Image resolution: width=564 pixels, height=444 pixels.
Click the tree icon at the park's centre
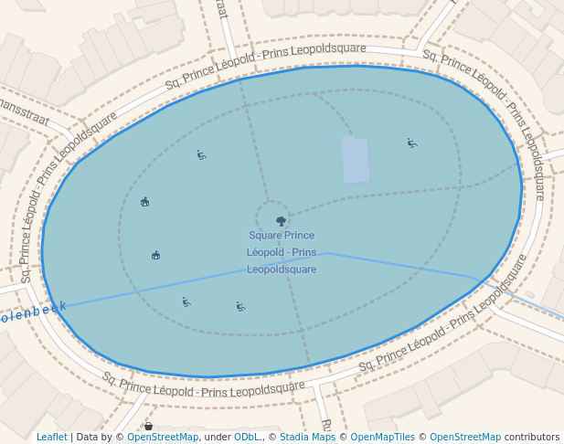pos(281,221)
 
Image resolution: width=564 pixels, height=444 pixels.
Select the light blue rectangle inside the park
pos(356,160)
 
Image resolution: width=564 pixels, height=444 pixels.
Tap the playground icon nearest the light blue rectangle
pos(412,143)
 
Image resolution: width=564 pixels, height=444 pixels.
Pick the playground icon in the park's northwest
pos(201,154)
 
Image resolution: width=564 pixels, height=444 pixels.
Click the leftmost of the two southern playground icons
pos(186,301)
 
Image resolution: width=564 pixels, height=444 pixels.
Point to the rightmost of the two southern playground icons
pos(240,306)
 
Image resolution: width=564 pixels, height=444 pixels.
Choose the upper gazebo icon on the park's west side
pos(145,201)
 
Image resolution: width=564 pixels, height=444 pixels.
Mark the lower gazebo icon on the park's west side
pos(156,255)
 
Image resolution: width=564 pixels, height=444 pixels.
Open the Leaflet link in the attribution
pos(52,437)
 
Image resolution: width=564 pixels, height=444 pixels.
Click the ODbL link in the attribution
pos(247,437)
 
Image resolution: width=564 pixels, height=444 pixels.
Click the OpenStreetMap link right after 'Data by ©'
pos(163,437)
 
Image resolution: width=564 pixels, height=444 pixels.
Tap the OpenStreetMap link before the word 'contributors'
pos(464,437)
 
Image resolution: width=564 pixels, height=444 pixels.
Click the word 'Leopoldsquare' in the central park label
pos(282,270)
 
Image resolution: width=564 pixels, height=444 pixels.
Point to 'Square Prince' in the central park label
pos(282,236)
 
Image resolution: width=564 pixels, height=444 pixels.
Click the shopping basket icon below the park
pos(148,427)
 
